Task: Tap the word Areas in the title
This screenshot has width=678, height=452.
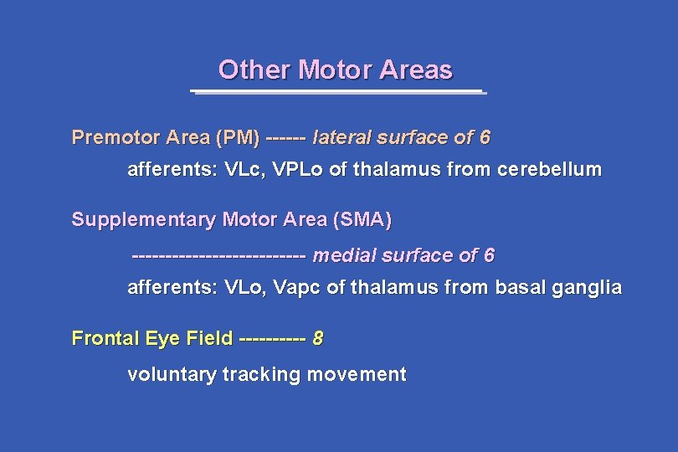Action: (x=415, y=69)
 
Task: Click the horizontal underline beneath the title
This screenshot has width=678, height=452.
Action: (x=336, y=91)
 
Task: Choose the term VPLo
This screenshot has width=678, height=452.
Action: (x=299, y=170)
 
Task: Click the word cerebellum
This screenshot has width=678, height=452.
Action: (x=549, y=170)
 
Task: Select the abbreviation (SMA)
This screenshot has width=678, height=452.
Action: (x=362, y=220)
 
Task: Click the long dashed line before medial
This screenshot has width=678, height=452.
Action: (x=219, y=255)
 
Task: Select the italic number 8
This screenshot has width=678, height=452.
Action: (x=318, y=339)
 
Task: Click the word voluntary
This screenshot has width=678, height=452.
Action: (x=172, y=375)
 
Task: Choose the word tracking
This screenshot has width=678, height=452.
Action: (x=262, y=375)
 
